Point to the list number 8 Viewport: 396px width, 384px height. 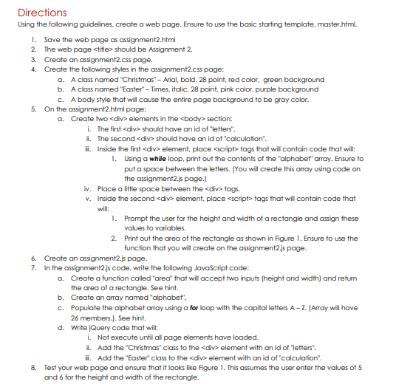pos(33,367)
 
